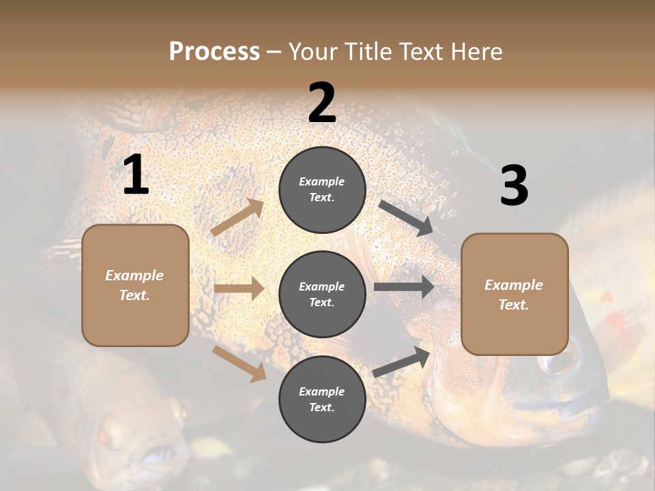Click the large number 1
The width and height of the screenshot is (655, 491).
[x=136, y=175]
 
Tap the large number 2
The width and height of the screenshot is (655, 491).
[x=322, y=102]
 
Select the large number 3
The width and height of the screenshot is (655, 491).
[x=514, y=185]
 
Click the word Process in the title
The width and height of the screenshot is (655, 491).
[x=214, y=51]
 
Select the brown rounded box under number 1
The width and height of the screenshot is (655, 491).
[x=135, y=285]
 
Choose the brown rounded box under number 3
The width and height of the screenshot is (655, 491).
[x=514, y=294]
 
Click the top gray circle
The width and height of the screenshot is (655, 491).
[x=322, y=190]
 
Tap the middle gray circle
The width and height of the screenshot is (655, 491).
[x=322, y=294]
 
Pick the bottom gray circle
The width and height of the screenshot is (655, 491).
[x=322, y=399]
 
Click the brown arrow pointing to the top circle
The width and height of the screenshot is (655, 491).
[x=237, y=218]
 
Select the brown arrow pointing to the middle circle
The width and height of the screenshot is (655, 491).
[x=239, y=288]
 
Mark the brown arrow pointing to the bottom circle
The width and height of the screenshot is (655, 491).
[x=239, y=363]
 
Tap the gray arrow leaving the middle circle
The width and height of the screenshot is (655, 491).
[x=404, y=287]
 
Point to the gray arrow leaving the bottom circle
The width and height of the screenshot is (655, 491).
[x=401, y=362]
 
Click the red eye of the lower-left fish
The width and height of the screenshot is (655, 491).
[x=104, y=436]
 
